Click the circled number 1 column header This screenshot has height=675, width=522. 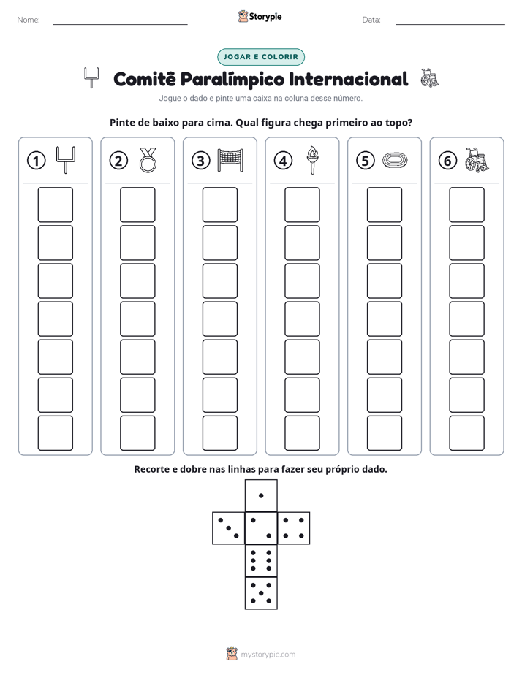[x=36, y=161]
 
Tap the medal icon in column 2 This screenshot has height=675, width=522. [x=148, y=160]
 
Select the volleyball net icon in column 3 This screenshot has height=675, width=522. [x=230, y=160]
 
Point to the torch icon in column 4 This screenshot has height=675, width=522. [x=313, y=160]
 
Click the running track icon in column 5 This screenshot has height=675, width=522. [x=395, y=160]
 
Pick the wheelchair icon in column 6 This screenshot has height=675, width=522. [x=477, y=160]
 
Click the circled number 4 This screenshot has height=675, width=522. [x=283, y=161]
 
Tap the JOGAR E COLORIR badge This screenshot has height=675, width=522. [x=261, y=57]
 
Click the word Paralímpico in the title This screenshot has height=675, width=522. [x=232, y=80]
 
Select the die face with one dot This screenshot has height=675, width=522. [x=261, y=495]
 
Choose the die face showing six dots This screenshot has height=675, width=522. [x=261, y=560]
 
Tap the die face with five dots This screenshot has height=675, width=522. [x=261, y=593]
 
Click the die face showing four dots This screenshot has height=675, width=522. [x=294, y=528]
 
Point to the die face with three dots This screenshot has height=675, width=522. [x=229, y=528]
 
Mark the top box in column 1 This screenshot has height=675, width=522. [x=55, y=205]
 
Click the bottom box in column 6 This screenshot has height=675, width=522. [x=467, y=433]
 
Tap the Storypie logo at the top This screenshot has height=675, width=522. [x=260, y=17]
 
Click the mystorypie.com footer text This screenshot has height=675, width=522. [x=268, y=655]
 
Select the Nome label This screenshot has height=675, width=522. [x=29, y=20]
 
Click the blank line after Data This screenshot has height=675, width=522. [x=450, y=24]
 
